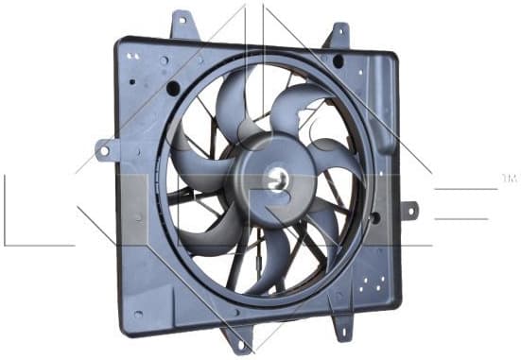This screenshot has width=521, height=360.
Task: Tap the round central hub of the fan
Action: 273,176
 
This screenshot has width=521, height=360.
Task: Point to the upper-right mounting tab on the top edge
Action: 337,35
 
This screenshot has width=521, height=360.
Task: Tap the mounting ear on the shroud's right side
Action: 408,209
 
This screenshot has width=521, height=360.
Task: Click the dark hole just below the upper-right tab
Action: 338,61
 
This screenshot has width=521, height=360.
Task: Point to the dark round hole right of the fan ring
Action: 375,216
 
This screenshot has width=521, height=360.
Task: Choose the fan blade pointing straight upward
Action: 231,104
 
